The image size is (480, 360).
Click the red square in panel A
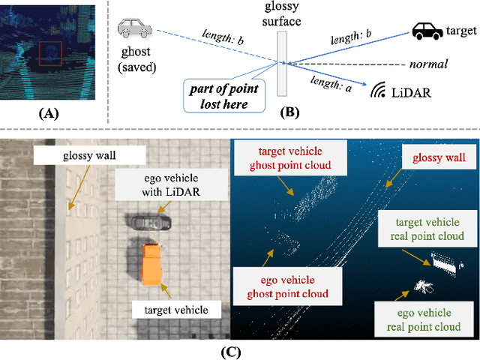50,55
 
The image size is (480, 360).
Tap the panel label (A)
47,113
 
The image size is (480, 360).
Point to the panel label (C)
240,349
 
